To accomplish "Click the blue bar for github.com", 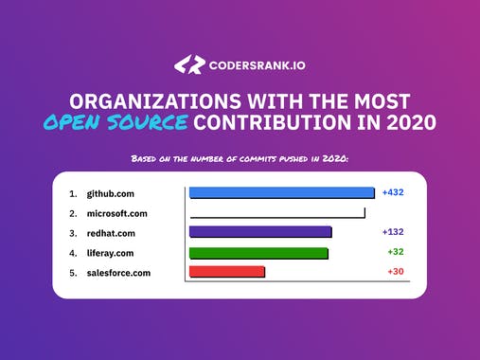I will (281, 192).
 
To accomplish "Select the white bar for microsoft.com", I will (276, 212).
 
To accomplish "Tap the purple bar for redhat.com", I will (260, 232).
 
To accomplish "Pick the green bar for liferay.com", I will (258, 253).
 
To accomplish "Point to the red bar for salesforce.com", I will (227, 272).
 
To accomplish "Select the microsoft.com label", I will (117, 213).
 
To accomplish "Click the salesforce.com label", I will (118, 273).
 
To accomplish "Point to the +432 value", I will (393, 192).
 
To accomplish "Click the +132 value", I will (393, 231).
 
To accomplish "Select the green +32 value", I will (396, 252).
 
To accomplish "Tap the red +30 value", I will (396, 272).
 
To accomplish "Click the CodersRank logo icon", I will (189, 64).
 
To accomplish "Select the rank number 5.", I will (72, 273).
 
